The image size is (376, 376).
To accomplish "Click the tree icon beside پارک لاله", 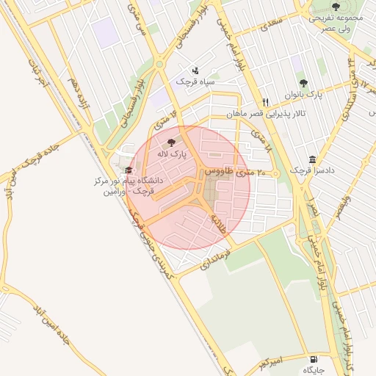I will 172,142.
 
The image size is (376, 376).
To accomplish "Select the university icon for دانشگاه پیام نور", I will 129,170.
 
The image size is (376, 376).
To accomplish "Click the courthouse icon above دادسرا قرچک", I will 312,159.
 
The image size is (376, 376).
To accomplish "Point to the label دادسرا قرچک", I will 311,170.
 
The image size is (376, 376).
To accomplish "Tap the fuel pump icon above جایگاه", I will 315,360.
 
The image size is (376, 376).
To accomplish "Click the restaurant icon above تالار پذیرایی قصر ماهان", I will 266,102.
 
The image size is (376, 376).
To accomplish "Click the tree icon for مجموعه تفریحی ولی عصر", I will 336,7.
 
